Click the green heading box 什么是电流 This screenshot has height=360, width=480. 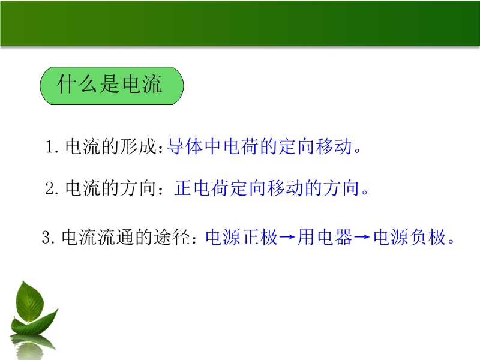[x=112, y=86]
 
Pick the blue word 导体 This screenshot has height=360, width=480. [x=185, y=146]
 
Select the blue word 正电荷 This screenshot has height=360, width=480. [x=202, y=188]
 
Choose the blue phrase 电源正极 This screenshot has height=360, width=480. [x=242, y=237]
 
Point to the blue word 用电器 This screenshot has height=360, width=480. [x=325, y=237]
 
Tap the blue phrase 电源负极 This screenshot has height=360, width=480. [x=410, y=237]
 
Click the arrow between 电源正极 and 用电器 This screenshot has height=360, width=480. [x=287, y=237]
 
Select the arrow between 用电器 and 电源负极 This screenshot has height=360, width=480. [x=363, y=237]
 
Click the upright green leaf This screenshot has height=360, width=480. [x=29, y=303]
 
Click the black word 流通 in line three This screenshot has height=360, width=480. [x=116, y=237]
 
